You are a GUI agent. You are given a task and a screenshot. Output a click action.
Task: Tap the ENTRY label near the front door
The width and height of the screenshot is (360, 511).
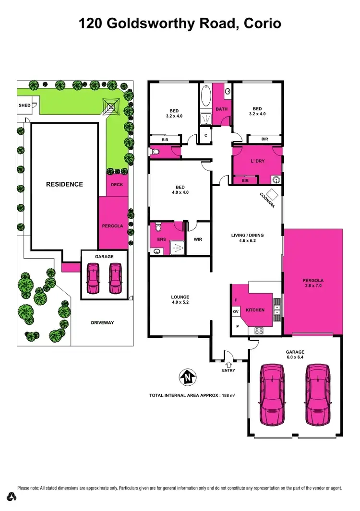(x=228, y=370)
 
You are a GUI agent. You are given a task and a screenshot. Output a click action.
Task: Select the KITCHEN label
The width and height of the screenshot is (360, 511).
(x=255, y=310)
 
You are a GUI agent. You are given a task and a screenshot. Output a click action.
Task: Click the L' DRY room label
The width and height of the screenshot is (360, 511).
(x=258, y=161)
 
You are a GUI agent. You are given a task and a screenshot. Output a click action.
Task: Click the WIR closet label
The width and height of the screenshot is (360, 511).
(x=198, y=238)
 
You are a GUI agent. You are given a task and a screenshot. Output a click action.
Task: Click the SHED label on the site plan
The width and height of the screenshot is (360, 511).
(x=24, y=105)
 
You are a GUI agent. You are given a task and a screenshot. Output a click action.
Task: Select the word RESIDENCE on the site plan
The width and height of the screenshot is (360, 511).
(x=64, y=184)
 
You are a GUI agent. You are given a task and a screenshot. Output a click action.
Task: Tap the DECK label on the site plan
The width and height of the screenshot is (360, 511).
(x=117, y=184)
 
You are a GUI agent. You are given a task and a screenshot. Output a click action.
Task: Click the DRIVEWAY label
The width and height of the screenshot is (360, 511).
(x=102, y=322)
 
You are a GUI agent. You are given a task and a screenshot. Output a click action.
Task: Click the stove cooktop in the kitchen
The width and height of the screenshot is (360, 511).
(x=259, y=330)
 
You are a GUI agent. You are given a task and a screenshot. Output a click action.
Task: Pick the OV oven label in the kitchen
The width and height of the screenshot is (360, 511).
(x=236, y=312)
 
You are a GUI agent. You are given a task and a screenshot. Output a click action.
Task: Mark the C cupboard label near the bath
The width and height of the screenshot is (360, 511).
(x=205, y=135)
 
